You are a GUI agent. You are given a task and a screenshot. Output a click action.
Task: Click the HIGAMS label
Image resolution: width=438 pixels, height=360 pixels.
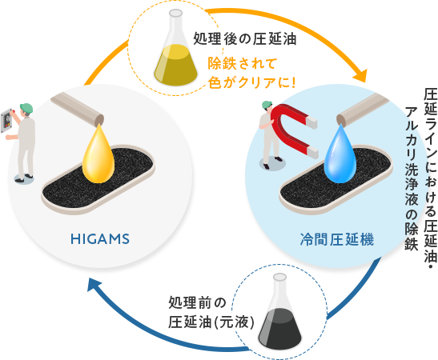point(100,239)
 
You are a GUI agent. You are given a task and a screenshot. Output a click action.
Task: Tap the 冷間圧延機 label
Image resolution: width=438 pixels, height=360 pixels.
point(337,239)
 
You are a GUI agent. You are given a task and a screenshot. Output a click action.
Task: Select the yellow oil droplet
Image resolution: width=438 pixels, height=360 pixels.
point(98,155)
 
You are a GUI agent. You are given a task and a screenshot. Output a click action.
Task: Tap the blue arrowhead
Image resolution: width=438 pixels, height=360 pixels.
point(94,285)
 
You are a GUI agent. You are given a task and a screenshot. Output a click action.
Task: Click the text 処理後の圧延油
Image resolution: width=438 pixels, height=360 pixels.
point(245,38)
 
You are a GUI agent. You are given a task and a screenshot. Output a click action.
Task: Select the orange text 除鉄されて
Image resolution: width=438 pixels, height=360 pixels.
point(242,64)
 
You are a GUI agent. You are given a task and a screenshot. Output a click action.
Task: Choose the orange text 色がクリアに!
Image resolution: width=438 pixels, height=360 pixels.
point(251,82)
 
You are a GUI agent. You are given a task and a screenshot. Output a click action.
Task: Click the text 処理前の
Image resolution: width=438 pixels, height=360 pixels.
point(197,302)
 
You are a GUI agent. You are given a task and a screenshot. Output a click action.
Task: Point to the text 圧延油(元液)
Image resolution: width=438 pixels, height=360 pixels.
point(211,322)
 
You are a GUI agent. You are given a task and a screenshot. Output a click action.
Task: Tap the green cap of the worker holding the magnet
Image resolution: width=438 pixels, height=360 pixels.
point(267,104)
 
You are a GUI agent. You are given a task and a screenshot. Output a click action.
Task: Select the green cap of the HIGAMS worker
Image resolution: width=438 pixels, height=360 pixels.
point(26,108)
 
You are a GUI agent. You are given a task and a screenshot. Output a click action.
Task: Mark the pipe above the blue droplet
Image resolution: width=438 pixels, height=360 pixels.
point(364,110)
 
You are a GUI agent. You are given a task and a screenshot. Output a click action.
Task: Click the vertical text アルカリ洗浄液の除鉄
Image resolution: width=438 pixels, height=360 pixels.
point(412,178)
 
